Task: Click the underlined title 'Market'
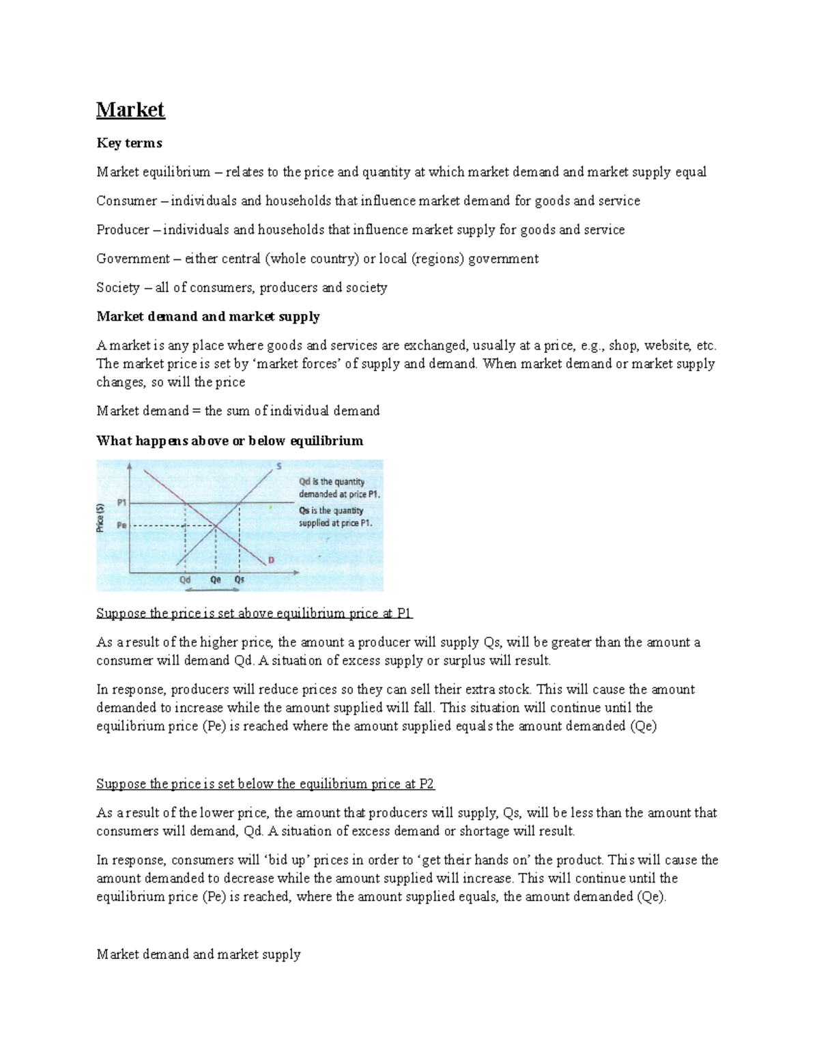(x=130, y=110)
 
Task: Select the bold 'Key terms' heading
(x=129, y=143)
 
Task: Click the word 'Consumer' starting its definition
(x=126, y=201)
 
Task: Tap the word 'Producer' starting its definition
(x=123, y=230)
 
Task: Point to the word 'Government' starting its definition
(x=133, y=259)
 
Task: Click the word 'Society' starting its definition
(x=118, y=287)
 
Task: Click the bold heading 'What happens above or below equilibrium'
(x=229, y=440)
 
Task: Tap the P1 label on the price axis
(x=122, y=502)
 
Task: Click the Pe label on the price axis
(x=122, y=526)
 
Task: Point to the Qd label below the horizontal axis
(x=185, y=579)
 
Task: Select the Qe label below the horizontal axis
(x=216, y=579)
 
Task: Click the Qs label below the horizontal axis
(x=240, y=579)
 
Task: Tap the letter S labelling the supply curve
(x=278, y=467)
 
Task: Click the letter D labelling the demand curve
(x=271, y=560)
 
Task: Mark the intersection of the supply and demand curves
(x=216, y=526)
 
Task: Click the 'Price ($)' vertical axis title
(x=101, y=517)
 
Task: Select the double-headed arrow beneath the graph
(x=214, y=588)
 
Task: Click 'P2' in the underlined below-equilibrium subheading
(x=427, y=784)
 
